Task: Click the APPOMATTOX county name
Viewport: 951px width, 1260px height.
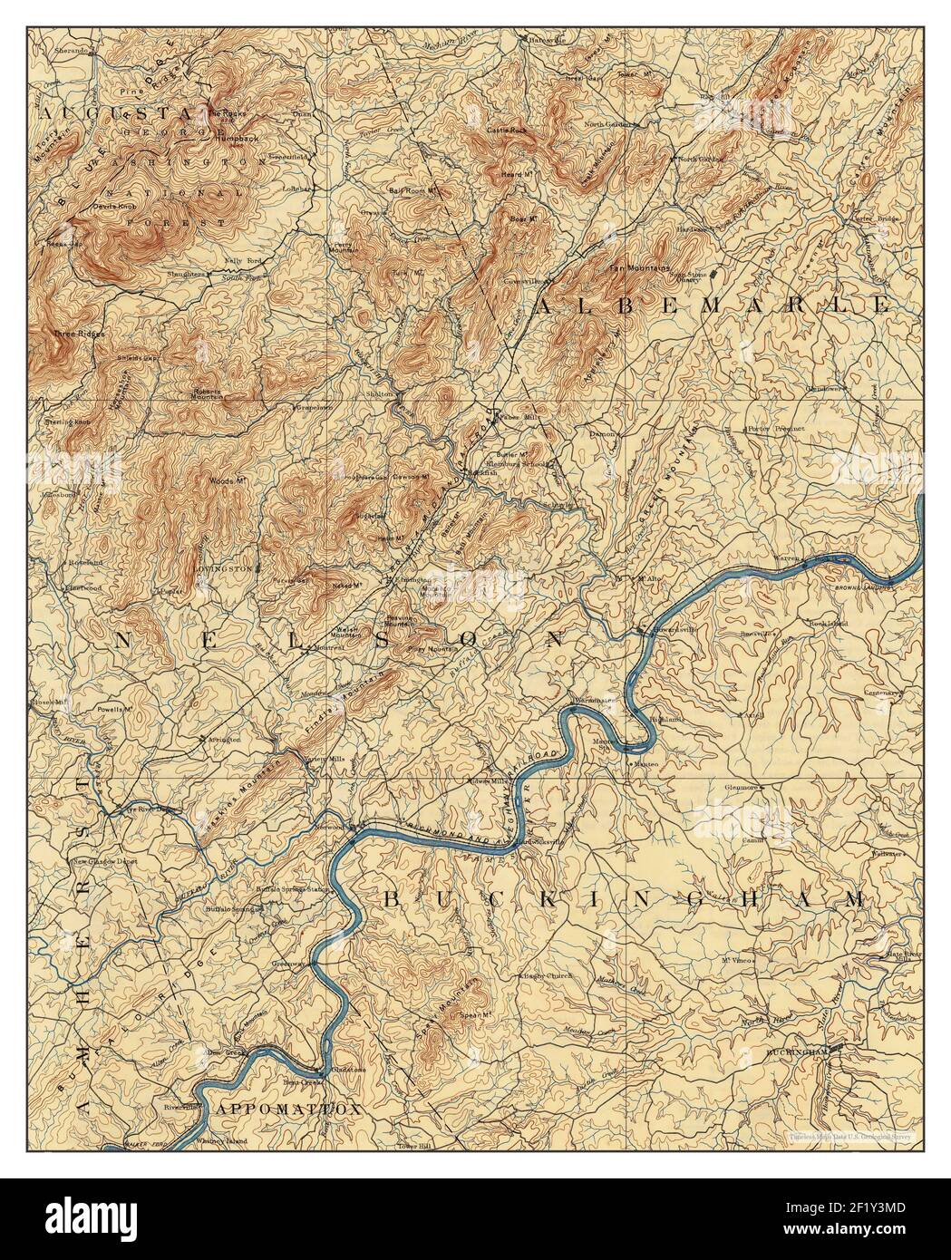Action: coord(287,1109)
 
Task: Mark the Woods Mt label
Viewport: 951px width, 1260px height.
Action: coord(227,480)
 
